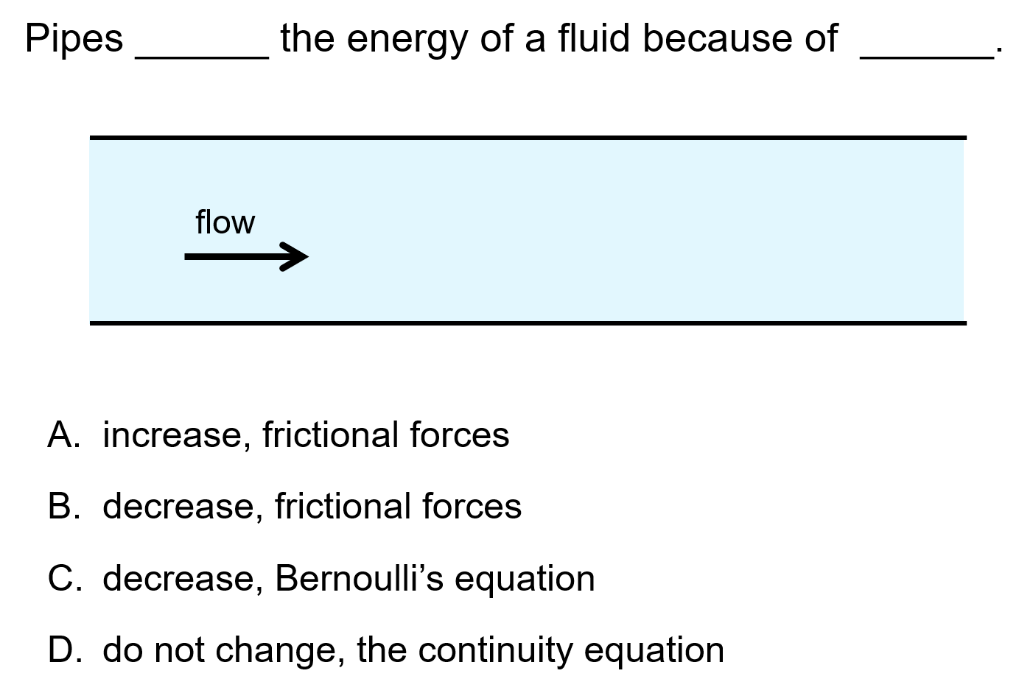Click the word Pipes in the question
tap(74, 39)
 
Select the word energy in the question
tap(407, 39)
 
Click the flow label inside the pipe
tap(225, 222)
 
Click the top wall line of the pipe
tap(528, 137)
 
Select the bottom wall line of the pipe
tap(528, 323)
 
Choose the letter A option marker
tap(62, 435)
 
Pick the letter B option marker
tap(62, 506)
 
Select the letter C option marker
tap(63, 578)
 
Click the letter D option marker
tap(63, 650)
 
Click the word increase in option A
tap(172, 435)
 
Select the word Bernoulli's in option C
tap(359, 578)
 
